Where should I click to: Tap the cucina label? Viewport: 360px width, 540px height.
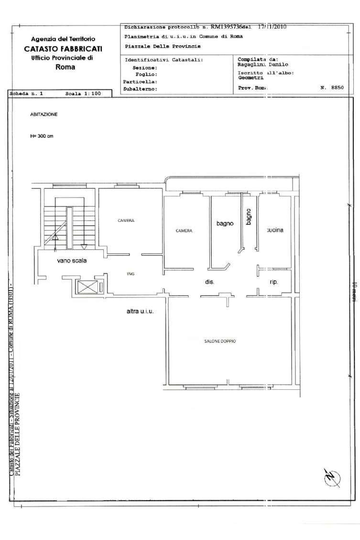coord(275,230)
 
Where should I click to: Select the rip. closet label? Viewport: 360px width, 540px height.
coord(274,282)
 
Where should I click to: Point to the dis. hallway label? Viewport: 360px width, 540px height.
coord(209,282)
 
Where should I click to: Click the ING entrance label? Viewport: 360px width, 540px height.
coord(131,274)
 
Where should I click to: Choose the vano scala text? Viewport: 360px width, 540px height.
coord(71,261)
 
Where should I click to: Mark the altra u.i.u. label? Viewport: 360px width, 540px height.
coord(142,311)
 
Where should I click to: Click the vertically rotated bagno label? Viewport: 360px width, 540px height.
coord(249,217)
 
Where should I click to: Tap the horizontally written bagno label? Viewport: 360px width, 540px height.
coord(225,223)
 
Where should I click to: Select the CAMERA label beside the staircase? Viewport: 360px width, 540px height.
coord(126,220)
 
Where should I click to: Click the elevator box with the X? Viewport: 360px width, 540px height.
coord(87,287)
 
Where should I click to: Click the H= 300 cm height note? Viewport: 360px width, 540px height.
coord(42,136)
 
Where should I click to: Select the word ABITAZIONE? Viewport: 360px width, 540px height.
coord(44,115)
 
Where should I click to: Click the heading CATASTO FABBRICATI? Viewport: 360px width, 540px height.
coord(63,48)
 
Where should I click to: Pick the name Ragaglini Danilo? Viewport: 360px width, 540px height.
coord(263,65)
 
